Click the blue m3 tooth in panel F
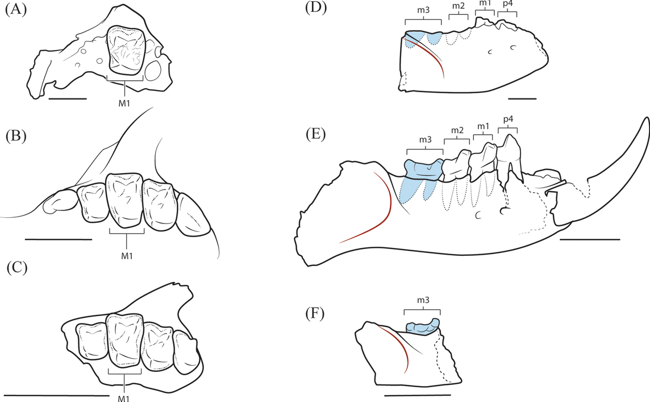(x=423, y=327)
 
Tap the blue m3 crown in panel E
(x=424, y=168)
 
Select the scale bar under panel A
(x=68, y=98)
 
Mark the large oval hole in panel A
(x=153, y=72)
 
